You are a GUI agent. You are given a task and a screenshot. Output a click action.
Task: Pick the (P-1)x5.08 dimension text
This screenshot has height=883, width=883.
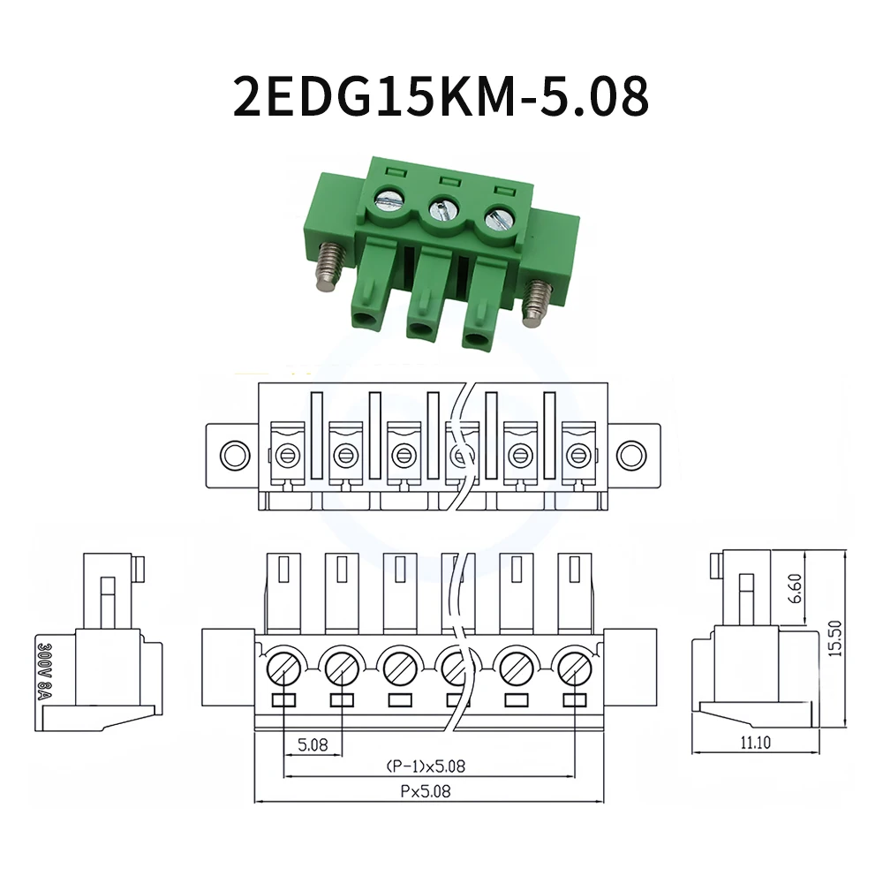(x=426, y=766)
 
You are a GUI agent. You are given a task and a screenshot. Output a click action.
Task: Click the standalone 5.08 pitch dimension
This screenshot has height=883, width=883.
(x=313, y=744)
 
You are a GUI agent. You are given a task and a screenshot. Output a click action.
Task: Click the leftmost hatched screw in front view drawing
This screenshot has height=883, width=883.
(x=284, y=667)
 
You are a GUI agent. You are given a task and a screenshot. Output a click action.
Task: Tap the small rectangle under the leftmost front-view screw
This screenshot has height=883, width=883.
(x=284, y=700)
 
